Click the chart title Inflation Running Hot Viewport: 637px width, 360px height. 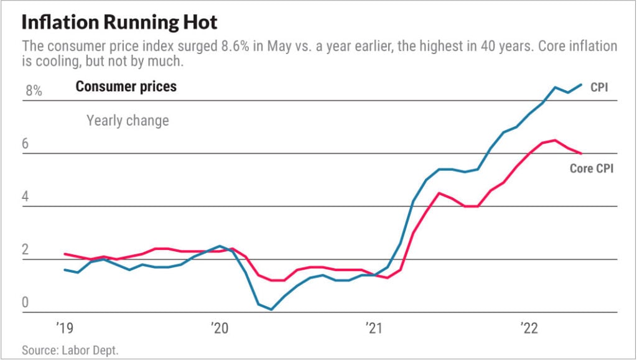119,22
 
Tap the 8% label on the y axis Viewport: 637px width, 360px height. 34,91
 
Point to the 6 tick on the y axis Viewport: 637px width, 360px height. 26,144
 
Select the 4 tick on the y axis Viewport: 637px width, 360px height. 26,196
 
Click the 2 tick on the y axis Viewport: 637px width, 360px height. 26,250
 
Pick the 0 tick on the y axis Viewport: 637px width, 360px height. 26,303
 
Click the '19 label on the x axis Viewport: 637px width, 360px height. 65,327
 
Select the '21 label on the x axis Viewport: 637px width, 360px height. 373,327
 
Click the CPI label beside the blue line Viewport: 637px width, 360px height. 599,88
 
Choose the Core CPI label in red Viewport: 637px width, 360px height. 591,168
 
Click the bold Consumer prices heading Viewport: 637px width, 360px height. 126,86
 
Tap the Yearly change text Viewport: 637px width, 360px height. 128,120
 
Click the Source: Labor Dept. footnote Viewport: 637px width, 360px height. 70,350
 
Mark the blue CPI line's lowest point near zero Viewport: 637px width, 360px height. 271,309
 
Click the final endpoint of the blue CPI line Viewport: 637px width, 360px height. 581,85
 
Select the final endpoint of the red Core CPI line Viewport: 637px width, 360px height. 581,153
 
